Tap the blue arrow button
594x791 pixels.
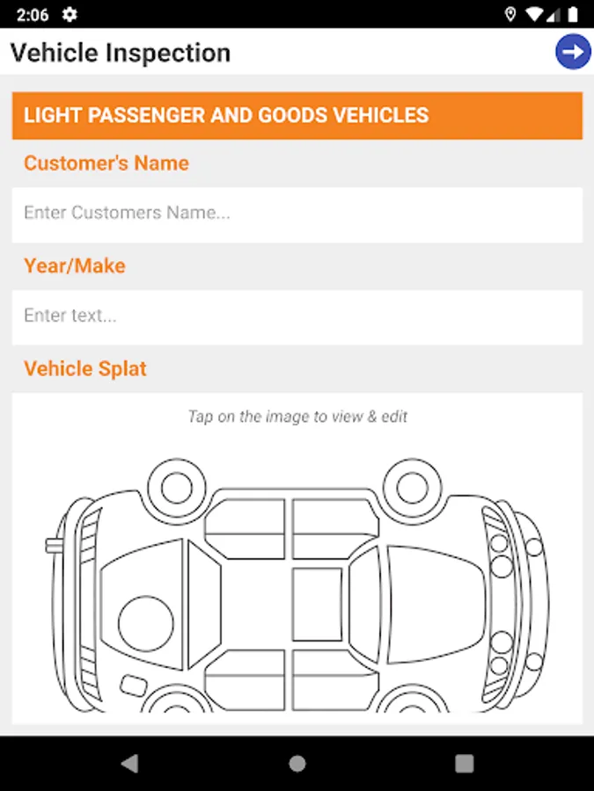click(573, 52)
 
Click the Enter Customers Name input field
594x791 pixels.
click(297, 215)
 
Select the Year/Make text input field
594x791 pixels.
click(297, 317)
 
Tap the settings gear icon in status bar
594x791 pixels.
click(70, 15)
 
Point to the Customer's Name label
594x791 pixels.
click(106, 163)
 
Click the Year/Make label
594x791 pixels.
click(74, 265)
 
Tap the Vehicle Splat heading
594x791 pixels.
click(84, 369)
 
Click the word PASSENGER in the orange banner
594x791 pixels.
click(146, 115)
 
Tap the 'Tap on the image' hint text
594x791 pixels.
click(297, 417)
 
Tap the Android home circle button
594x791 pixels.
click(297, 763)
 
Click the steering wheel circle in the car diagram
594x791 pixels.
click(146, 623)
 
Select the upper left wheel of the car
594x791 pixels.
click(177, 488)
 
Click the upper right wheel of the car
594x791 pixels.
click(412, 488)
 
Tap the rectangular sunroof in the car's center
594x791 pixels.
click(317, 605)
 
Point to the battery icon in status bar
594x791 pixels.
click(573, 15)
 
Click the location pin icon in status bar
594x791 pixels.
click(510, 15)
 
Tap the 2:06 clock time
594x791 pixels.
click(33, 15)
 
